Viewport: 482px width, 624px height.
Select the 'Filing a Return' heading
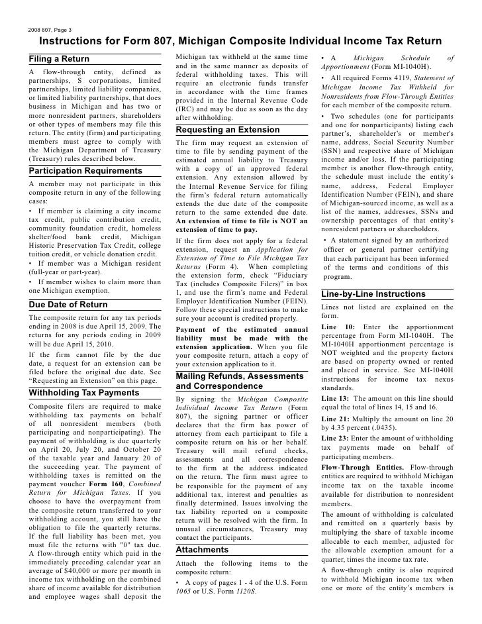click(60, 60)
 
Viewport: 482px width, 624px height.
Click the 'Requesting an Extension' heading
click(228, 130)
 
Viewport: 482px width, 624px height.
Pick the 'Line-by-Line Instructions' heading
click(373, 293)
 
